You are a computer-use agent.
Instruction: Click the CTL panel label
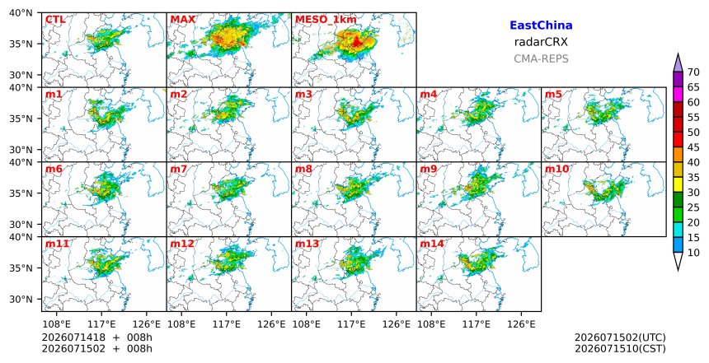point(55,20)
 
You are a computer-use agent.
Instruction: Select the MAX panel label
point(183,20)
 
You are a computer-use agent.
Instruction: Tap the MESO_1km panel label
point(326,20)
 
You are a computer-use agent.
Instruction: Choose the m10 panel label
point(557,169)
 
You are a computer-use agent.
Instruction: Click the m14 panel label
point(432,244)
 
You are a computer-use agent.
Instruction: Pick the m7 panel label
point(179,169)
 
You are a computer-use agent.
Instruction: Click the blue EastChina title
point(541,26)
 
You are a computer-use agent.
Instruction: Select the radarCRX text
point(541,43)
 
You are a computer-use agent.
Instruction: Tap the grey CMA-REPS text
point(541,58)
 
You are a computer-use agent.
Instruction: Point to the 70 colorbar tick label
point(693,72)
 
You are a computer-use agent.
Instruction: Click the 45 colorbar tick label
point(693,147)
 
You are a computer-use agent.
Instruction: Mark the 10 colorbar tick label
point(693,253)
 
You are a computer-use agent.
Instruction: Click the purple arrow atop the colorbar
point(678,63)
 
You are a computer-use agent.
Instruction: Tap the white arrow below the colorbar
point(678,261)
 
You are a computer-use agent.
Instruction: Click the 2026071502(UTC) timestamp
point(620,337)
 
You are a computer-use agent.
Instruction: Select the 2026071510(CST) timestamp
point(620,348)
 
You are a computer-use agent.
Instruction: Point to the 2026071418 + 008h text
point(97,337)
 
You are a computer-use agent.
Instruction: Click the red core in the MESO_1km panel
point(357,43)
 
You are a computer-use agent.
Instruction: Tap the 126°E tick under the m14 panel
point(521,323)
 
